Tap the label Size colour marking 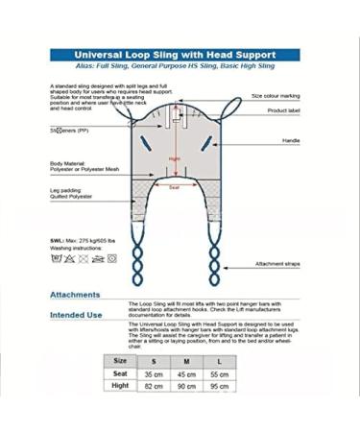coord(276,96)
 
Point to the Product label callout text coord(283,110)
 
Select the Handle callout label coord(291,140)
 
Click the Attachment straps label coord(279,263)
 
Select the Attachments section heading coord(75,294)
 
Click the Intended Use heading coord(76,314)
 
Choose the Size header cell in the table coord(120,360)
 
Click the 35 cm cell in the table coord(154,373)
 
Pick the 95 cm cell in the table coord(219,386)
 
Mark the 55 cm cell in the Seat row coord(219,373)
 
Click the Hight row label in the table coord(120,386)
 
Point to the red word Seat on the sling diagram coord(174,187)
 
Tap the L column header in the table coord(219,361)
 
